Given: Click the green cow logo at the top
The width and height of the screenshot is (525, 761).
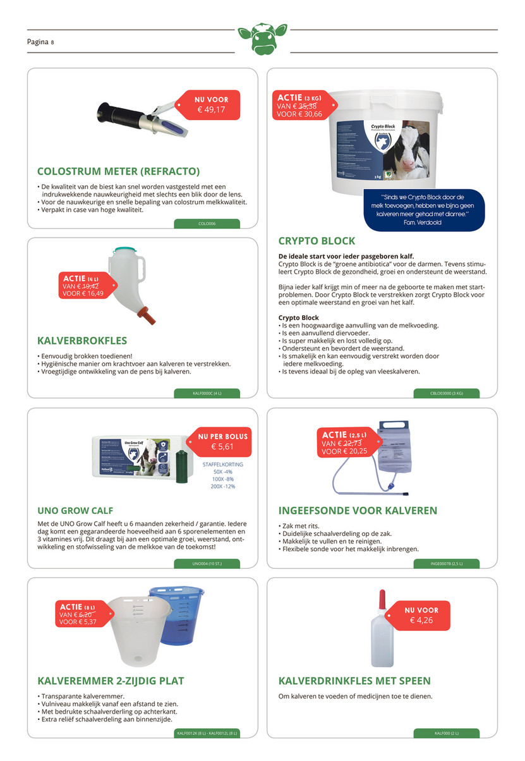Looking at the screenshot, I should tap(262, 40).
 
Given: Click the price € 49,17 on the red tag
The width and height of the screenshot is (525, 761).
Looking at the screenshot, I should tap(212, 109).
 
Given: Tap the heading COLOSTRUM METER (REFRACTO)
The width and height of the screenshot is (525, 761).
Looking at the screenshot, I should tap(118, 171).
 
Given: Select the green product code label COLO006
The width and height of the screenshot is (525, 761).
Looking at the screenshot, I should tap(207, 224).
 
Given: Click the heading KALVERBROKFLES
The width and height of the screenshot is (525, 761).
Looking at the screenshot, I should tap(82, 341).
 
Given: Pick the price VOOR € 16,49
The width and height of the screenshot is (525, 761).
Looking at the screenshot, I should tap(83, 293).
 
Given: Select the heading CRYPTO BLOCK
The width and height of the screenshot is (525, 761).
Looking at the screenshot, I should tap(317, 241).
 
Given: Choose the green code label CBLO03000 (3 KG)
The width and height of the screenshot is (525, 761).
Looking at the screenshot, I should tap(446, 393).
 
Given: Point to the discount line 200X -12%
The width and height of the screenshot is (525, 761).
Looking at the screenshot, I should tap(223, 487).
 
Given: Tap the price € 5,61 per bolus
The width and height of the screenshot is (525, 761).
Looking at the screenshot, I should tap(223, 447).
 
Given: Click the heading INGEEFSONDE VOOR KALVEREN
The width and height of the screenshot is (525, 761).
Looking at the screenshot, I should tap(358, 511).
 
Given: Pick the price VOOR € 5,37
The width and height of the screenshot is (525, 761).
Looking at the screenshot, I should tap(78, 622).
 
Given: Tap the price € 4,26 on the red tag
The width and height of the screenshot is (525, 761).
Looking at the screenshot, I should tap(421, 620).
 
